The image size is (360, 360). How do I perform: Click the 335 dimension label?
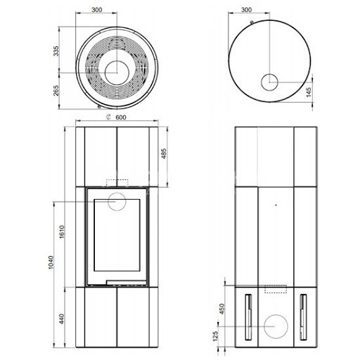click(56, 51)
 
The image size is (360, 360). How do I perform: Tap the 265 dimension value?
click(56, 91)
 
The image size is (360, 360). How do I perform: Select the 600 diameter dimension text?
click(121, 117)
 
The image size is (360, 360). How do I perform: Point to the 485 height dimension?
click(164, 153)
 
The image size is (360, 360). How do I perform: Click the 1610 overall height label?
click(62, 232)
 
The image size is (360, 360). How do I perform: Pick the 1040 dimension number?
click(51, 262)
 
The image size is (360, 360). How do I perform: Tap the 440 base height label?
click(61, 319)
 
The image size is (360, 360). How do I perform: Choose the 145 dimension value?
click(309, 92)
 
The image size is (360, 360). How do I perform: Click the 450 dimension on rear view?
click(221, 309)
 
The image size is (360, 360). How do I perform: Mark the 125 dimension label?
click(215, 336)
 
